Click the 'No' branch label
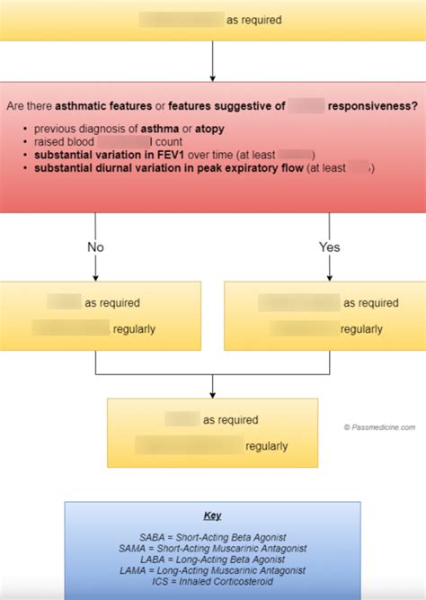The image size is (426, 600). click(x=94, y=246)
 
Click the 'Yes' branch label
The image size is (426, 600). click(x=330, y=246)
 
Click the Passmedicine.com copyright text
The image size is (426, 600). click(x=380, y=428)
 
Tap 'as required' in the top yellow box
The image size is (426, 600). click(x=254, y=19)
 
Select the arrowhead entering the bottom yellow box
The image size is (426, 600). click(x=212, y=392)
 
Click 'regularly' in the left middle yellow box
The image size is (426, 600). click(x=134, y=328)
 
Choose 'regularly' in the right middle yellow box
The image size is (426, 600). click(x=361, y=328)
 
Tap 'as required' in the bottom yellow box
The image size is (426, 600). click(x=231, y=420)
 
